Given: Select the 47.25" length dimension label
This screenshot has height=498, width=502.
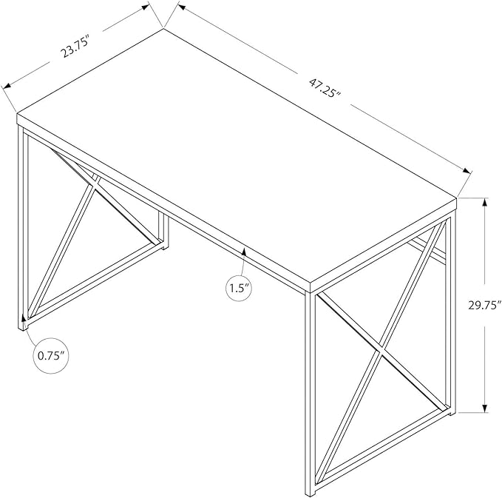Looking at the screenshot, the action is click(x=325, y=89).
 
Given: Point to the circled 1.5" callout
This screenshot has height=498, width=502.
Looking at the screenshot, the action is click(x=239, y=289).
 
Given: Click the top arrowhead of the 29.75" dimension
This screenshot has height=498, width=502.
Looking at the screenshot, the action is click(x=485, y=203).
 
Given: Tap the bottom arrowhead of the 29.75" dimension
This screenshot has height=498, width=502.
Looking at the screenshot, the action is click(x=485, y=407).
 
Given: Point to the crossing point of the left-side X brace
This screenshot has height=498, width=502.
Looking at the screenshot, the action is click(x=95, y=185).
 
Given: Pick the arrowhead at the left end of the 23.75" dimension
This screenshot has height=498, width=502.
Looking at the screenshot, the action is click(x=7, y=85).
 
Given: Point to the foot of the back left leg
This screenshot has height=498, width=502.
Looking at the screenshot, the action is click(x=163, y=246).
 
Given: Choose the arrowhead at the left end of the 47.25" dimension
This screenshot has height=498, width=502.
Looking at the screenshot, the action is click(x=183, y=7).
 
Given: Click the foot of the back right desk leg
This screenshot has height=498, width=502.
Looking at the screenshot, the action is click(x=452, y=413).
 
